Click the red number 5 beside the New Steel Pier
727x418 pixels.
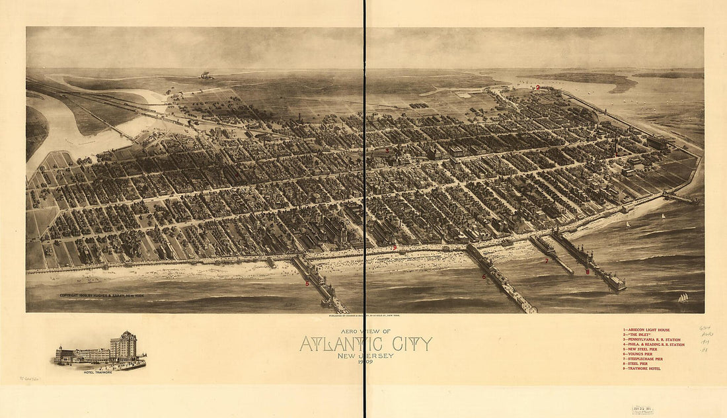[x=307, y=283]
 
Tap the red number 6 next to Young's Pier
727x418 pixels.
[x=483, y=276]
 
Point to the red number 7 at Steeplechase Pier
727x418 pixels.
[x=547, y=261]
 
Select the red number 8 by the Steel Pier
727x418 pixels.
[x=587, y=272]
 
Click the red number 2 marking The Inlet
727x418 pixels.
[x=538, y=87]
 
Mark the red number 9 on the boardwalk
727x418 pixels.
[x=395, y=248]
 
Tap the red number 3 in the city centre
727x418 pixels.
[x=387, y=150]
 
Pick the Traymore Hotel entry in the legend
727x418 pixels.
[x=644, y=368]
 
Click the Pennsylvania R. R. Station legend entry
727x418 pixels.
[x=653, y=339]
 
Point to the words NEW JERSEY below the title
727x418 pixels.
[x=365, y=356]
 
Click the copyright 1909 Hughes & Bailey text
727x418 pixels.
[x=101, y=296]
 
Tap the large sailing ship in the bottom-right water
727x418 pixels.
[x=683, y=298]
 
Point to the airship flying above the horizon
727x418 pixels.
[x=207, y=75]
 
